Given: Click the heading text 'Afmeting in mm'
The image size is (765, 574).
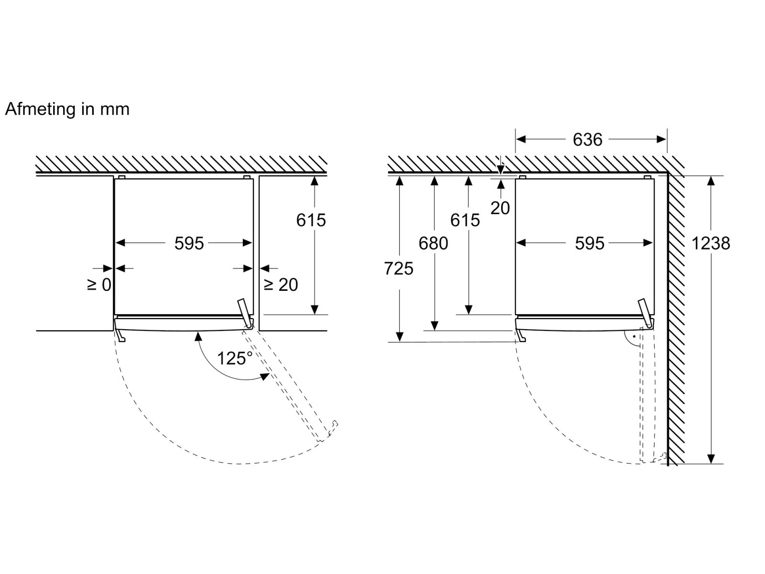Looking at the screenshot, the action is tap(67, 110).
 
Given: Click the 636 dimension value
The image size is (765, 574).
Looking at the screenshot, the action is tap(587, 140).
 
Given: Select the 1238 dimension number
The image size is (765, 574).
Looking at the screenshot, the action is tap(710, 243).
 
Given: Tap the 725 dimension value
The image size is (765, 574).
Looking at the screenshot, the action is tap(399, 269).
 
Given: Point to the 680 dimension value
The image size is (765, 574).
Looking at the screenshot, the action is tap(433, 243).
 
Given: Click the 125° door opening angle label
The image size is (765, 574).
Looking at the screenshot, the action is tap(235, 358).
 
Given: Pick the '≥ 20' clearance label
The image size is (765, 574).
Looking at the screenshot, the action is tap(281, 285).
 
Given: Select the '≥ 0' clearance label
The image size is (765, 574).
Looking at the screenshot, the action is tap(99, 285).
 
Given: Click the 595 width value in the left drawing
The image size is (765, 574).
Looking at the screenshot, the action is tap(189, 243).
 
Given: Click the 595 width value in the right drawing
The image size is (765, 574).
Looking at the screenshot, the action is tap(590, 243).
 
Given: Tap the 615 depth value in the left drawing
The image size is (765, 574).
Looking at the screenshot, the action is tap(311, 220).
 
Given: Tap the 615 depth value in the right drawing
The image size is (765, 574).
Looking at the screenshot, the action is tap(465, 220).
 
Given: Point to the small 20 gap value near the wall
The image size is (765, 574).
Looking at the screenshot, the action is tap(500, 208).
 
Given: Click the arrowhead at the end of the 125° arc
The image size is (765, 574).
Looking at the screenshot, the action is tap(265, 376).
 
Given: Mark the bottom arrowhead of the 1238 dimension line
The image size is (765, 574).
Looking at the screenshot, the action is tap(711, 459).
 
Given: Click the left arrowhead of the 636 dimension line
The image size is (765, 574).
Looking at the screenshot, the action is tap(521, 139).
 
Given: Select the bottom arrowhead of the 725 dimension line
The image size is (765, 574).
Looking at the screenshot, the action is tap(399, 337).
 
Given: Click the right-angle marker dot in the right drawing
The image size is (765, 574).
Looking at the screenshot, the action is tap(634, 337).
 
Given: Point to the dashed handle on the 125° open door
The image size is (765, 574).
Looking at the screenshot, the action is tap(332, 428).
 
